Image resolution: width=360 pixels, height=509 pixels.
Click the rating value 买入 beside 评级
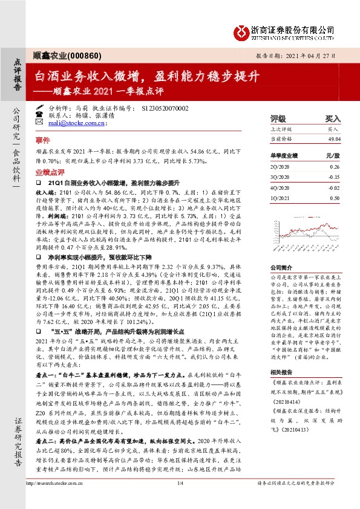click(x=333, y=120)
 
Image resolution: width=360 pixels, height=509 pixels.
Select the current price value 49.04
click(x=333, y=138)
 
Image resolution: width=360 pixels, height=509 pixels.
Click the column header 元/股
click(x=333, y=155)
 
